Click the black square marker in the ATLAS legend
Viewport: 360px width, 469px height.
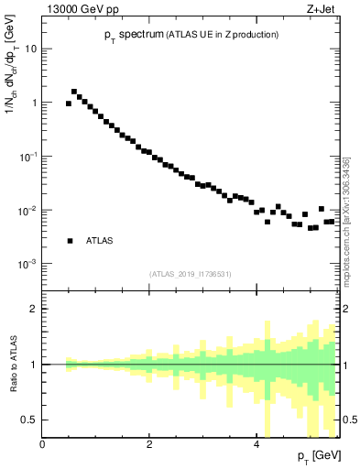click(70, 241)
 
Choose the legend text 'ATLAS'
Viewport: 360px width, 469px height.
click(99, 241)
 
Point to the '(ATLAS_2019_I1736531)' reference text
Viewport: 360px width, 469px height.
click(191, 273)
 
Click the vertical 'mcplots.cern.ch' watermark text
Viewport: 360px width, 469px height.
click(345, 220)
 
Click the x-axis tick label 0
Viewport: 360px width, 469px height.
click(42, 444)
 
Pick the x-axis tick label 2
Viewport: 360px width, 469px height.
click(149, 444)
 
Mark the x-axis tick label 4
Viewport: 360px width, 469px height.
click(256, 444)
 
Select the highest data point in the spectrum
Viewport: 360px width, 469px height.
click(74, 92)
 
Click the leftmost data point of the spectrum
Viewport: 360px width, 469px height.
click(69, 104)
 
